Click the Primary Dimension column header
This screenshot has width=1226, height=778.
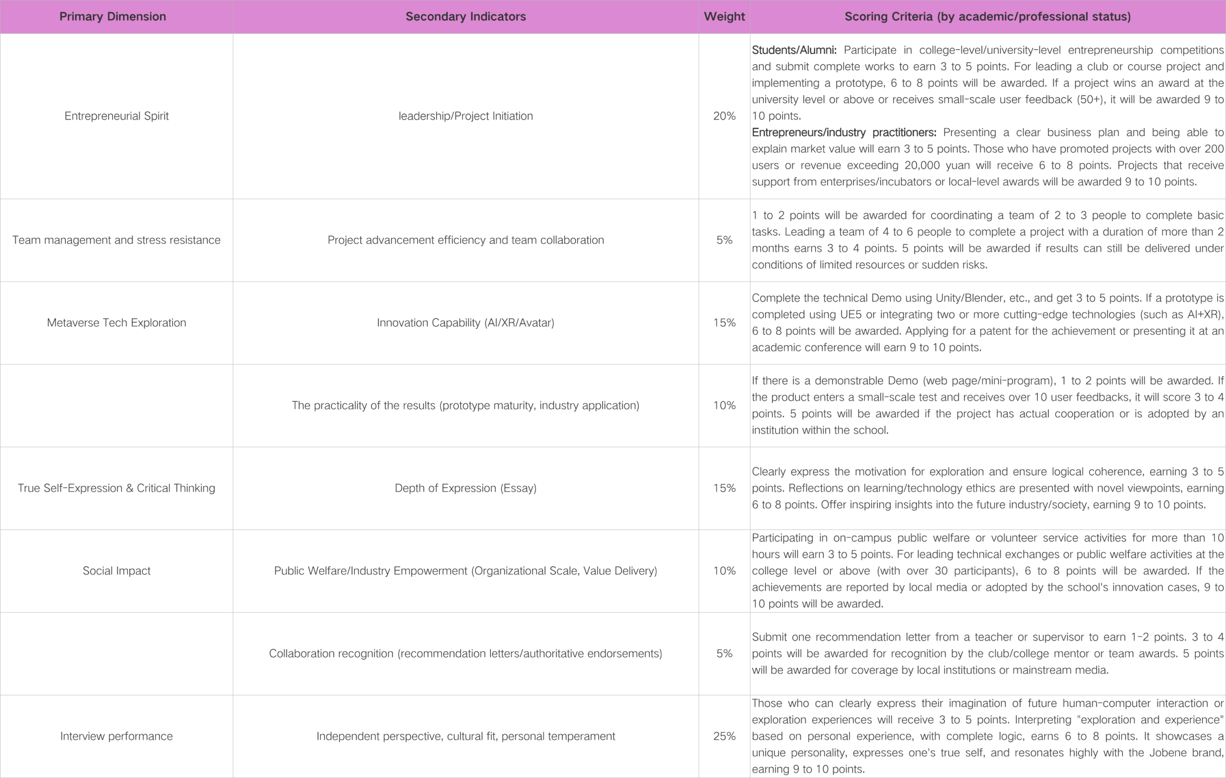pos(113,16)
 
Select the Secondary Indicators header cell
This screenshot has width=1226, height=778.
pos(465,16)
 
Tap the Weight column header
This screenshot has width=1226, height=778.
pos(724,16)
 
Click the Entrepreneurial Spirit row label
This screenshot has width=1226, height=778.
pos(116,116)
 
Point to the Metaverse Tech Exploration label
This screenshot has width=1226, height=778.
pos(116,323)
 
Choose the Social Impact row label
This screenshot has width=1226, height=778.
pos(116,571)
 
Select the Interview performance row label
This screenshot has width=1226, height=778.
pos(116,736)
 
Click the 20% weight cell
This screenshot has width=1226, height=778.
pos(724,116)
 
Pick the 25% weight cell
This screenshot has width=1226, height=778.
pos(724,736)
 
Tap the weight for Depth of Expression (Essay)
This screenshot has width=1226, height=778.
pos(724,488)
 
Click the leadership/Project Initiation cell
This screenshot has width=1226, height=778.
pos(465,116)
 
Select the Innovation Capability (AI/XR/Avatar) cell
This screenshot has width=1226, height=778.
pos(465,323)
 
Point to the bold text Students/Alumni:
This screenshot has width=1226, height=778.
pos(794,50)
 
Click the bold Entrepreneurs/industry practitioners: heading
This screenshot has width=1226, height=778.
pos(844,132)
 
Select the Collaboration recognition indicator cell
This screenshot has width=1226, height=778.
pos(465,654)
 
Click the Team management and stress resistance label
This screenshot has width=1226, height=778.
pos(116,240)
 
